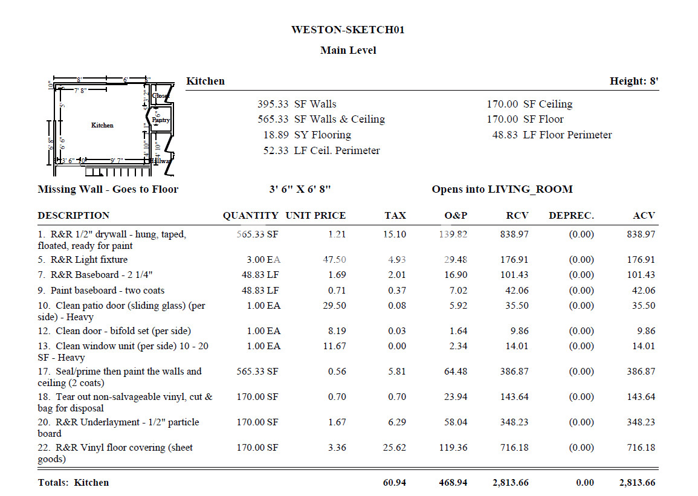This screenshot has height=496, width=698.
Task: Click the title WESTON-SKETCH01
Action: click(x=347, y=30)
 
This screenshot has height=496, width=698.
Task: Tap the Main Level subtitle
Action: click(x=348, y=50)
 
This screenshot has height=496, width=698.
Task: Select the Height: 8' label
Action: click(x=634, y=81)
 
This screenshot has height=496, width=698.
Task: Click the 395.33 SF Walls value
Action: click(x=297, y=104)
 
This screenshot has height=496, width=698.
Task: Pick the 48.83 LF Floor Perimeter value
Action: click(x=552, y=135)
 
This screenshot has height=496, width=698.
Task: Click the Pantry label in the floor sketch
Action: click(x=161, y=120)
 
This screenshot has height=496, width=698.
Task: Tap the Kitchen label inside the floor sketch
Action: click(x=102, y=125)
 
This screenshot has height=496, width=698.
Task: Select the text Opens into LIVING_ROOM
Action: click(x=502, y=189)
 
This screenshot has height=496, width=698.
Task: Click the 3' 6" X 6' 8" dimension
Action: click(x=300, y=189)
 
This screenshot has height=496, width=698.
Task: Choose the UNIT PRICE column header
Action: click(x=315, y=215)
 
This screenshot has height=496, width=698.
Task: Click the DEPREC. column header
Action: click(x=571, y=215)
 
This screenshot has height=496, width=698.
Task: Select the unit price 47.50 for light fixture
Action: click(x=333, y=260)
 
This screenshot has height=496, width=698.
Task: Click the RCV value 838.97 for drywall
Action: click(x=514, y=234)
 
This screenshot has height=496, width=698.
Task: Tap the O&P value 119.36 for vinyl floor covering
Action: click(x=453, y=448)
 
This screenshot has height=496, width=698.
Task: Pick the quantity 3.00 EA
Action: click(x=263, y=260)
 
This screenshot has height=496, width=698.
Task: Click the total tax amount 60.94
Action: click(x=394, y=483)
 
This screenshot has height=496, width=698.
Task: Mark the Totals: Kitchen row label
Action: click(x=73, y=483)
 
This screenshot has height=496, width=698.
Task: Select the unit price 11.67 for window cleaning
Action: click(x=333, y=346)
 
